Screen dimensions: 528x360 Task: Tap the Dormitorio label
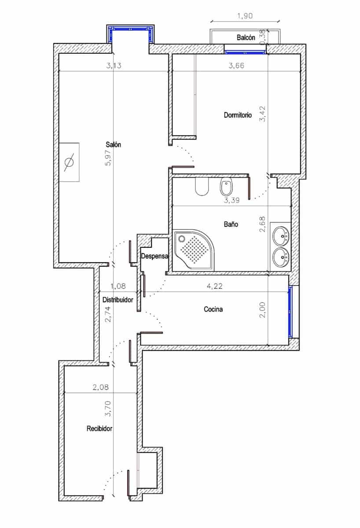[238, 115]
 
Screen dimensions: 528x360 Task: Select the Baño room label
[231, 224]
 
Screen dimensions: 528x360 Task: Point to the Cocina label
[213, 309]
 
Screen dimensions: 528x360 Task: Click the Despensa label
[154, 256]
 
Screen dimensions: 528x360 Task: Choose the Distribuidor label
[118, 300]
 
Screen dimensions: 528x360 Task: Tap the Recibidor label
[99, 428]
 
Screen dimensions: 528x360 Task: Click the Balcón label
[246, 38]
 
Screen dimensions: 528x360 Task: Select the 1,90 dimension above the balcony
[246, 16]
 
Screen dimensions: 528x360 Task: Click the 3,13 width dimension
[114, 66]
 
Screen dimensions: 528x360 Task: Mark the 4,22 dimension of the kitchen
[214, 286]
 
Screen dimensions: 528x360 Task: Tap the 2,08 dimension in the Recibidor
[100, 388]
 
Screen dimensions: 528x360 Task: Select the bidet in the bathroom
[226, 187]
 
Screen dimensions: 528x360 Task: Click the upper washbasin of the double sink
[280, 236]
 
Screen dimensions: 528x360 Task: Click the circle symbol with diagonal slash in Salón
[69, 162]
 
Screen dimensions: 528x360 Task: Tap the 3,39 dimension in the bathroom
[231, 201]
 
